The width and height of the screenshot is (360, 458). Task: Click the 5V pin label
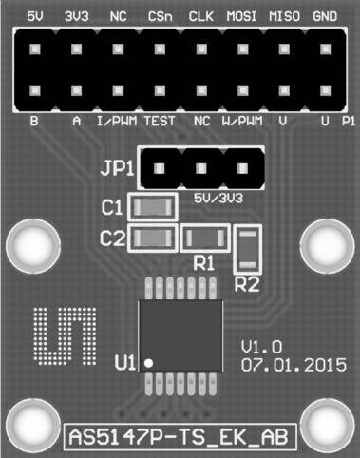coord(36,16)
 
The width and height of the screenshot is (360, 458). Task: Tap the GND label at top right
coord(324,16)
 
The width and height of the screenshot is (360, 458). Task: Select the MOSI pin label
coord(241,16)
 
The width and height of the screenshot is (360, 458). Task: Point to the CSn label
coord(160,16)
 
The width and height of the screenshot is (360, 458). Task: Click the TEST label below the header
coord(159,122)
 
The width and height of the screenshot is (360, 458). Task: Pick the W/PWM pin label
coord(240,122)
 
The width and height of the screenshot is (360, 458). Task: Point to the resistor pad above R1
coord(203,238)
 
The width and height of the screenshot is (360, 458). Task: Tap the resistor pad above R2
coord(248,250)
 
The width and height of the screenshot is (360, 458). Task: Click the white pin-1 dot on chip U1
coord(147,361)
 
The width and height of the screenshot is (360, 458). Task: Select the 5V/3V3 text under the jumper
coord(217,199)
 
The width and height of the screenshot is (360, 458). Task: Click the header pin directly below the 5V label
coord(36,48)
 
